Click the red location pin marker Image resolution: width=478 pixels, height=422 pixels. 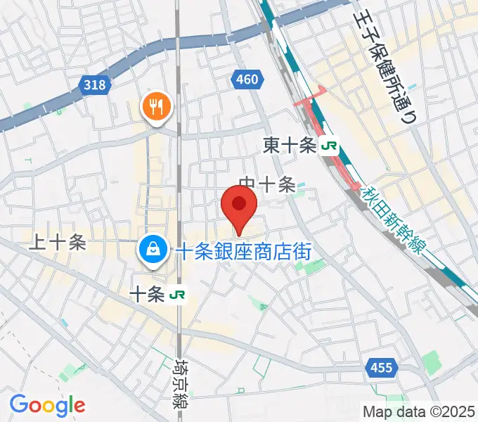pos(239,205)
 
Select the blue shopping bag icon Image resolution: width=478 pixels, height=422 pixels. pos(152,248)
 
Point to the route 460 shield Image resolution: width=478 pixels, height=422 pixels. pos(247,80)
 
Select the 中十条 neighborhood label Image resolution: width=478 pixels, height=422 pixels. pos(266,185)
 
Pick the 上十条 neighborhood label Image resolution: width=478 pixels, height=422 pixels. pos(57,243)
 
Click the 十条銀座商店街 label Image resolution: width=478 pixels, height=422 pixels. pos(243,250)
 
